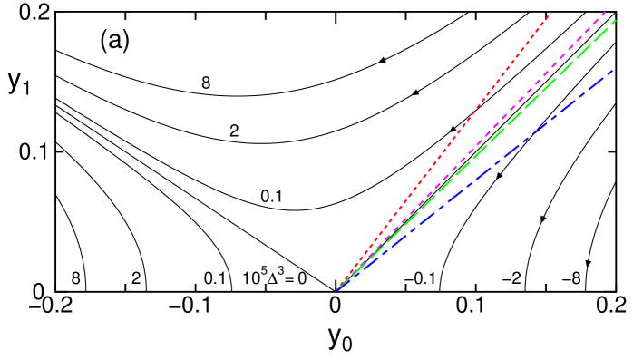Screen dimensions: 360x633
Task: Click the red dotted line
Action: tap(472, 113)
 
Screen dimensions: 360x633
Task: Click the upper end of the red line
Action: tap(551, 11)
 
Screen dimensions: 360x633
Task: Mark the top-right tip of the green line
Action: tap(616, 20)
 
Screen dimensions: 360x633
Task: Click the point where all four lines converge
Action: tap(336, 291)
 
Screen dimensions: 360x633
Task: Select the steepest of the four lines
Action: tap(472, 113)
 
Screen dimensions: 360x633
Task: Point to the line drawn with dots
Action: tap(472, 113)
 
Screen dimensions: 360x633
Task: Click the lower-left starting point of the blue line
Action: tap(336, 291)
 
